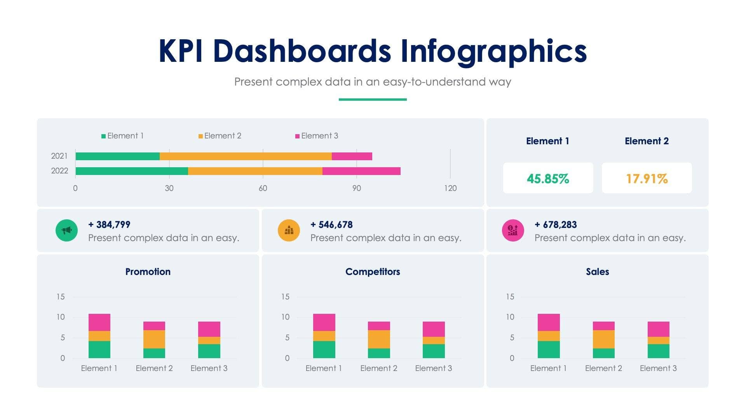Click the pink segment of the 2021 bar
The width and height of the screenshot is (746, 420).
tap(352, 156)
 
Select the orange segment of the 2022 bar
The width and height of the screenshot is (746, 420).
tap(255, 171)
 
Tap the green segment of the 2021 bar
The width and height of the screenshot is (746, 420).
tap(117, 156)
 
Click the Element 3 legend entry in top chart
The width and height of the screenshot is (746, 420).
tap(317, 136)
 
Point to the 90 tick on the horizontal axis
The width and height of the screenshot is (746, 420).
tap(356, 188)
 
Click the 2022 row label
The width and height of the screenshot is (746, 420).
tap(59, 171)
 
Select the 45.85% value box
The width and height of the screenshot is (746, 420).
tap(548, 178)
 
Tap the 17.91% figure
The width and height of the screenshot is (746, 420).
tap(647, 178)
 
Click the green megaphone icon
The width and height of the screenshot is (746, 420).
tap(66, 230)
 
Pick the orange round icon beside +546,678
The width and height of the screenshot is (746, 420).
tap(289, 230)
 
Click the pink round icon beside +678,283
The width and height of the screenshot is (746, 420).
tap(513, 230)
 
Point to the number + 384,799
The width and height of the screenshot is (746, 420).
tap(109, 224)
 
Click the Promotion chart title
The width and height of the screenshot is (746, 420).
tap(148, 271)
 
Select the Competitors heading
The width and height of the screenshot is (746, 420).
tap(372, 271)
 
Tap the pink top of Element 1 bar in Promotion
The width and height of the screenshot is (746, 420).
tap(99, 322)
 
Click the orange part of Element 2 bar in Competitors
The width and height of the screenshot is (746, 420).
tap(379, 339)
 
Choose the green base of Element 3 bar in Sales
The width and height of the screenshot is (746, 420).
tap(658, 351)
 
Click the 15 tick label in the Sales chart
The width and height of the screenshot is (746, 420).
tap(510, 297)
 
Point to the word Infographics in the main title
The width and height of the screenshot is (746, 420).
tap(493, 51)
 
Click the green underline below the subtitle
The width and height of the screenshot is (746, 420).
tap(373, 100)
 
